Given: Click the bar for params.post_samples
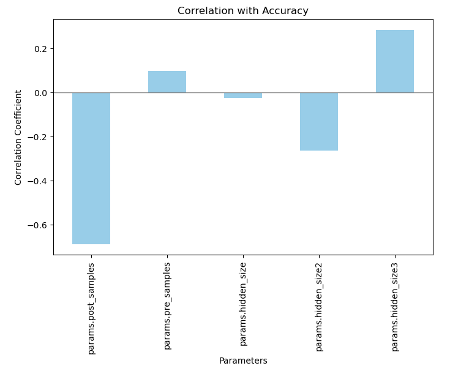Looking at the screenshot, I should pyautogui.click(x=91, y=168).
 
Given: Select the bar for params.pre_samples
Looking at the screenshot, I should pyautogui.click(x=167, y=82).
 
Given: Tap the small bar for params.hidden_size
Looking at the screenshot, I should pyautogui.click(x=243, y=95).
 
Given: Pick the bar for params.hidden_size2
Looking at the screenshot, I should pyautogui.click(x=319, y=121).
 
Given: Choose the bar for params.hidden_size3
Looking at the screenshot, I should pyautogui.click(x=395, y=61).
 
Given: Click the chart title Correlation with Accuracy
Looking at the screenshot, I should pyautogui.click(x=243, y=11).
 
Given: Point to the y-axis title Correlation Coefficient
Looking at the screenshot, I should pyautogui.click(x=19, y=137).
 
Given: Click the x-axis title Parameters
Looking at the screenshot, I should pyautogui.click(x=243, y=361).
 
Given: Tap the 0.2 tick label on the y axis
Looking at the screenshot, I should pyautogui.click(x=40, y=49).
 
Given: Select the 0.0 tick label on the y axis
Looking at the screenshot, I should pyautogui.click(x=40, y=93).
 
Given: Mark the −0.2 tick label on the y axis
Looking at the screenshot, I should pyautogui.click(x=37, y=137).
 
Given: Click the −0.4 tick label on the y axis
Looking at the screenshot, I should pyautogui.click(x=37, y=181).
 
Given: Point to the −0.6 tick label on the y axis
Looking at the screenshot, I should pyautogui.click(x=37, y=225).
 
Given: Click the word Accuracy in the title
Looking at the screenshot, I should pyautogui.click(x=286, y=11).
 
